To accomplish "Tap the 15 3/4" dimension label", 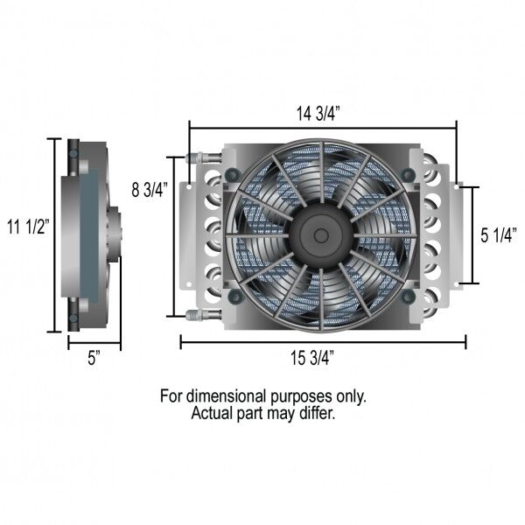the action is click(312, 358).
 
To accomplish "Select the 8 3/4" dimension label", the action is click(150, 190).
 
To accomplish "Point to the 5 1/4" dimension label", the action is click(499, 235).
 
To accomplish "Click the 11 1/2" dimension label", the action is click(28, 227).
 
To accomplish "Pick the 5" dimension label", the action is click(94, 358).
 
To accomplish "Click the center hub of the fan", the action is click(321, 235).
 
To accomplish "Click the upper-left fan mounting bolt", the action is click(233, 174).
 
